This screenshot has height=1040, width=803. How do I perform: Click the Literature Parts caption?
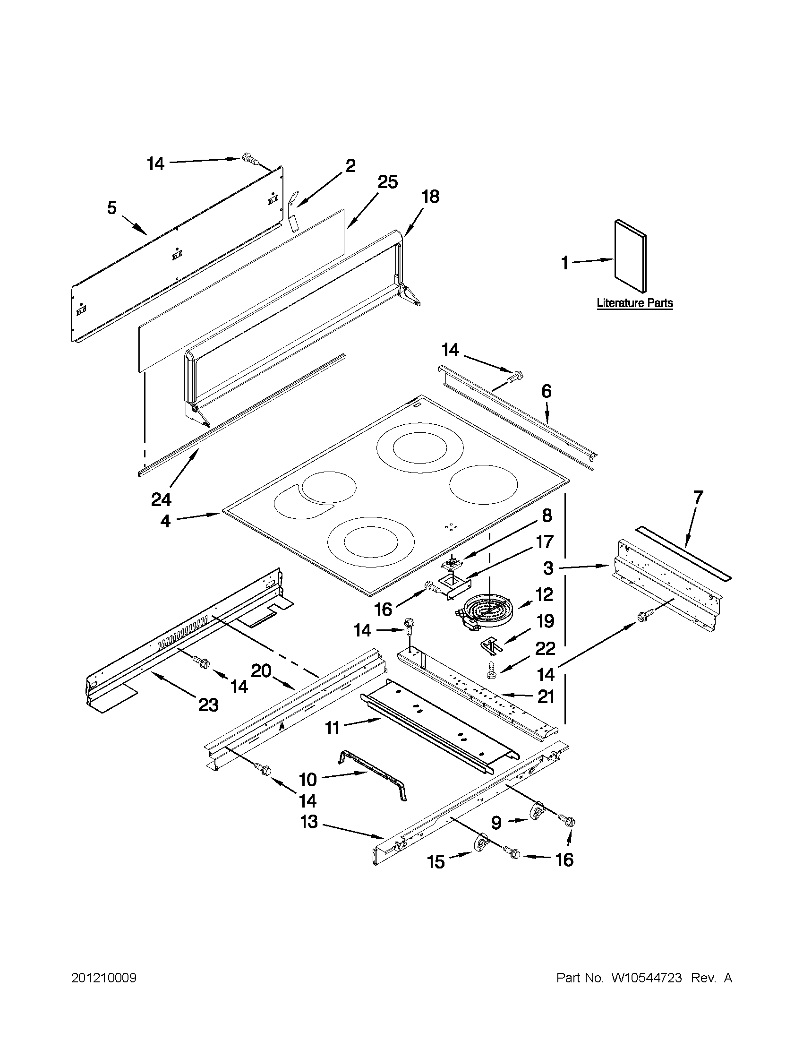(634, 303)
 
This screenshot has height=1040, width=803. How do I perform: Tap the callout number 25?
(387, 182)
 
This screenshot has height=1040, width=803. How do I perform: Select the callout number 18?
(430, 197)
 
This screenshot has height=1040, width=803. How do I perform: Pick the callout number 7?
(697, 498)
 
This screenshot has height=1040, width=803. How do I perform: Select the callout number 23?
(208, 705)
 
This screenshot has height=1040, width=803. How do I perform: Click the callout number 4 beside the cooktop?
(165, 522)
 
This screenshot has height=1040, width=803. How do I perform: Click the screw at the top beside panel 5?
(250, 159)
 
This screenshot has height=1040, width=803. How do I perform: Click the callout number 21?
(546, 696)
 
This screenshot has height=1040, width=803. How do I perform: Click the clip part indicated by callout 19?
(490, 645)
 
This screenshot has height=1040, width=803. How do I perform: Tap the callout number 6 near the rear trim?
(546, 391)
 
